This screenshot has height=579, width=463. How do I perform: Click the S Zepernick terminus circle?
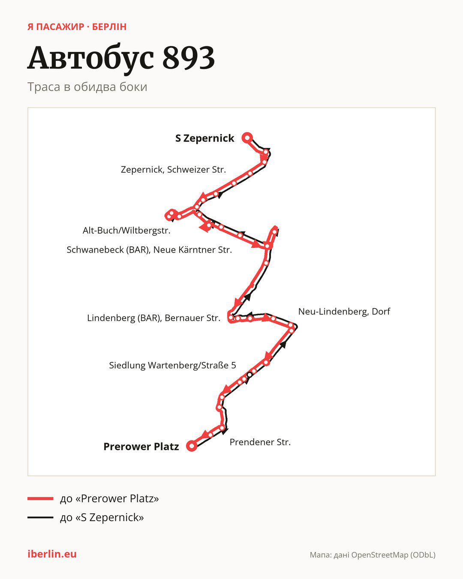[247, 138]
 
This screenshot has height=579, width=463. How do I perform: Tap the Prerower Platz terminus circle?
[192, 446]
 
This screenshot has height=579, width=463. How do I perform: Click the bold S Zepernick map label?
[204, 138]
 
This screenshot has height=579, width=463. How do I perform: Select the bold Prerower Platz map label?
[141, 446]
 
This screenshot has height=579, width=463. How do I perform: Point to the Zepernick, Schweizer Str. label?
[173, 169]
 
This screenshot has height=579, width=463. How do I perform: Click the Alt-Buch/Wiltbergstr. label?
[126, 231]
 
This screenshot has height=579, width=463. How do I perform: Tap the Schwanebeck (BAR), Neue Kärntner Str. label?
[149, 250]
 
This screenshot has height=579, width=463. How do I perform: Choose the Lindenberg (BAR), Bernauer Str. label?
[153, 318]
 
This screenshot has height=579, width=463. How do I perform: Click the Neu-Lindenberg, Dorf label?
[344, 311]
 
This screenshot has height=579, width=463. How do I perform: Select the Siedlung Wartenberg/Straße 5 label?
[172, 365]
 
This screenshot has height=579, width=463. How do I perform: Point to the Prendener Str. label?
[260, 442]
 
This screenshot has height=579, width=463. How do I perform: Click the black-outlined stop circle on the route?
[250, 374]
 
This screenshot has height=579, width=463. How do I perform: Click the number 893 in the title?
[189, 57]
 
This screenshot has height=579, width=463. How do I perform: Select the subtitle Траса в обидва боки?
[87, 87]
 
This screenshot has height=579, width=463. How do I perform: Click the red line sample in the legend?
[40, 498]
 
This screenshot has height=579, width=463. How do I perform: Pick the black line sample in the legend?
[40, 517]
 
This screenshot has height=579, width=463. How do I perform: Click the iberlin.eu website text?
[52, 554]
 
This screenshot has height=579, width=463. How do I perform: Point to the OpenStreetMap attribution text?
[373, 555]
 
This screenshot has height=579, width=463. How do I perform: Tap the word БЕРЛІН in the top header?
[109, 27]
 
